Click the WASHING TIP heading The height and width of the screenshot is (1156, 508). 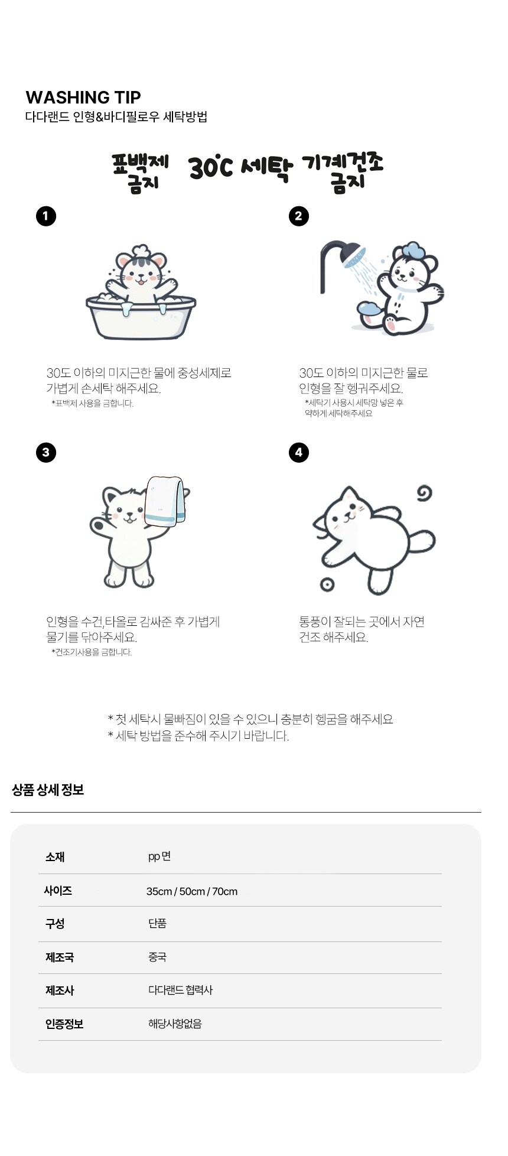(x=83, y=98)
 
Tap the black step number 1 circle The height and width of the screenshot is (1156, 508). (x=46, y=216)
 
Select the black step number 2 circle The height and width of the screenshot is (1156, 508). (x=299, y=216)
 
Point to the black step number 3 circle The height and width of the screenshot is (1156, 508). (x=46, y=453)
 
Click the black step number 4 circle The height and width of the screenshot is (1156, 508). (x=299, y=453)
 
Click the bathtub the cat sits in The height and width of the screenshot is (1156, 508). (x=141, y=317)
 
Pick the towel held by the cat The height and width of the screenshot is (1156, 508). (x=165, y=501)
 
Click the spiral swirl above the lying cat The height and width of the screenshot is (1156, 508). (x=424, y=493)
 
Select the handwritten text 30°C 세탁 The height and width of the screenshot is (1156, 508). (x=241, y=167)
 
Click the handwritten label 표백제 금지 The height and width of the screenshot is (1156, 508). (x=141, y=172)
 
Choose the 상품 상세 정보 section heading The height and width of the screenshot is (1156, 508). (x=48, y=790)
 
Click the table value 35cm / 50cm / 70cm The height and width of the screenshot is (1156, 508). (x=192, y=891)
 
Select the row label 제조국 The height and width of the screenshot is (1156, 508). (x=60, y=957)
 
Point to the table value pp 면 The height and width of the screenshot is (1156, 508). (x=159, y=857)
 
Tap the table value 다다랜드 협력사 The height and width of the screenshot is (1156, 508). (x=180, y=990)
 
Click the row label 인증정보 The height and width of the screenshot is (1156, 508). (x=64, y=1024)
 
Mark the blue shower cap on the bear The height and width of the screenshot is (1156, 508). (x=411, y=250)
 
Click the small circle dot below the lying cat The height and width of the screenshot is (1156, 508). (x=327, y=585)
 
